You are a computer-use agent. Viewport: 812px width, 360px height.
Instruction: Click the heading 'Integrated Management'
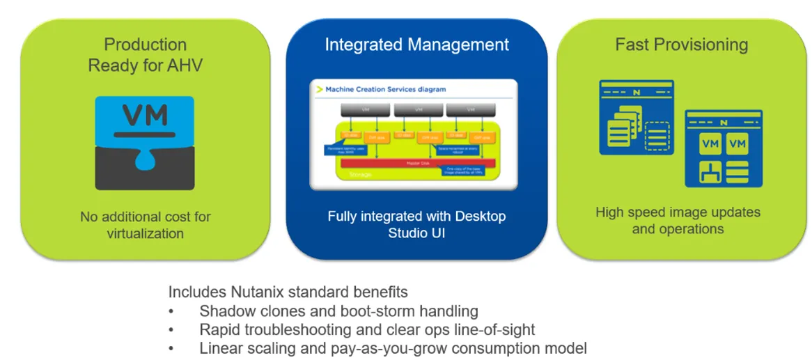point(416,45)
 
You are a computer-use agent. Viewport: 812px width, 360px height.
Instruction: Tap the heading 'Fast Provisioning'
point(681,45)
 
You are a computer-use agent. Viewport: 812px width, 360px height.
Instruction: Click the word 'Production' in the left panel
point(145,45)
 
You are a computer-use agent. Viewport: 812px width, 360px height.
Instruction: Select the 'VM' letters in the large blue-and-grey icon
point(145,114)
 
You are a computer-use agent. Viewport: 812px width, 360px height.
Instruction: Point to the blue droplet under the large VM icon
point(145,161)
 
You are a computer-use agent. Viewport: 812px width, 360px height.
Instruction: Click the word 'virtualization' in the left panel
point(145,233)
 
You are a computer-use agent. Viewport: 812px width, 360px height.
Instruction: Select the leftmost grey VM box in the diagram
point(365,110)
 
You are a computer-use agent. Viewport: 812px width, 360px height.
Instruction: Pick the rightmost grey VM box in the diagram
point(471,110)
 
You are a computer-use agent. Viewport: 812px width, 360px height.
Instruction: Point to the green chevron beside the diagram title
point(320,89)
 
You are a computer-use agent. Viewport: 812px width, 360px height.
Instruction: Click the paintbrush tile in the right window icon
point(711,171)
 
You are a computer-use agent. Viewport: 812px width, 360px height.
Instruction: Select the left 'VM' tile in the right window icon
point(711,144)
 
